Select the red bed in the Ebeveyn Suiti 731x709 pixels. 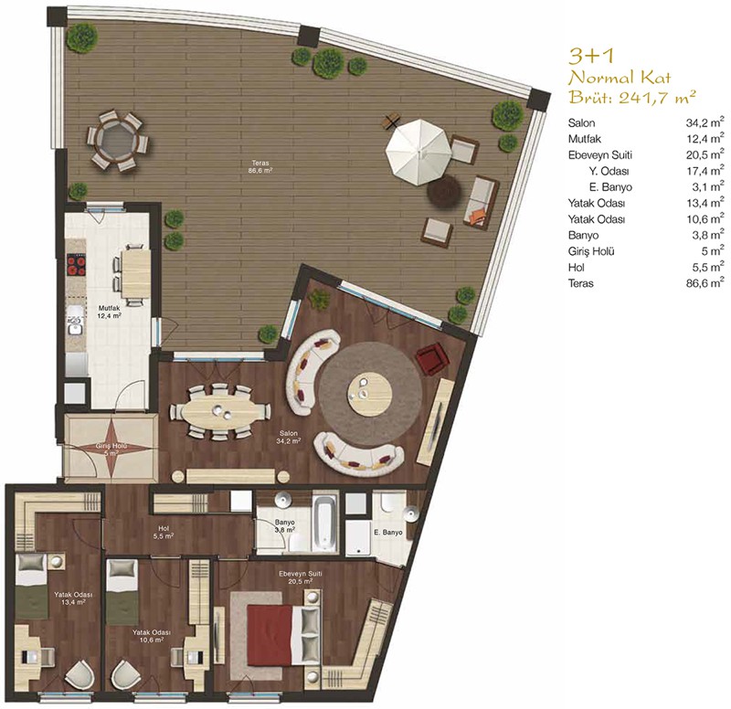click(271, 634)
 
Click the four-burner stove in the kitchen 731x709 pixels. click(77, 265)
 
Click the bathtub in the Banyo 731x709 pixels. click(324, 523)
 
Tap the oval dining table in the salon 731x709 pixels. click(218, 410)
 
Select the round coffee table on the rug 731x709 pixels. click(371, 394)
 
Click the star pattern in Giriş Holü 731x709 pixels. click(111, 447)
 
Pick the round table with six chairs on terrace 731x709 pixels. click(115, 141)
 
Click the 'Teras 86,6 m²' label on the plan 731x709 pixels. click(260, 167)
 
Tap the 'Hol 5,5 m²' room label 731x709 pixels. click(164, 533)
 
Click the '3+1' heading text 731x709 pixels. click(591, 56)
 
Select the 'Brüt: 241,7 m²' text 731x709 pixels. click(632, 97)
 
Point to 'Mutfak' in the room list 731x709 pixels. click(584, 139)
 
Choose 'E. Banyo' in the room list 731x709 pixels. click(610, 187)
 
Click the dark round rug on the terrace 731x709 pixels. click(445, 191)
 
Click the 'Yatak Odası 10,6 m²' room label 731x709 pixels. click(151, 636)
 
